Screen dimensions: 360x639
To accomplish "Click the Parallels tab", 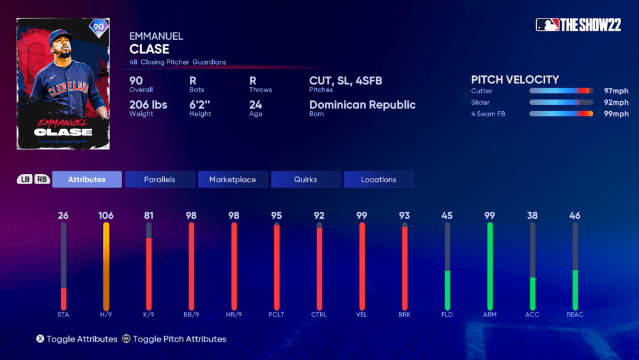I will [160, 180].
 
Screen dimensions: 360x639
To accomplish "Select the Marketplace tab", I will [233, 180].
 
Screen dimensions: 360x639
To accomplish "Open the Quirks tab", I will [305, 180].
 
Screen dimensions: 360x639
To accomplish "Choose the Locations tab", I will [378, 180].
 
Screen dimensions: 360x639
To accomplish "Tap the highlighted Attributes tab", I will [87, 180].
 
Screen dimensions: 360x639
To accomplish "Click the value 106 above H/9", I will [106, 215].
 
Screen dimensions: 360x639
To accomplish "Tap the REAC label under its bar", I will [575, 315].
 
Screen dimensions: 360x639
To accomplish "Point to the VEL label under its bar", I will [362, 315].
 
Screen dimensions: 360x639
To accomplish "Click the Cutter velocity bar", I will [560, 91].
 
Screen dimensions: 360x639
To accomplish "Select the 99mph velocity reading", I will [617, 114].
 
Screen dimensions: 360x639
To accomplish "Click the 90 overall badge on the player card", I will [98, 28].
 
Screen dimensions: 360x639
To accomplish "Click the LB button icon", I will [25, 180].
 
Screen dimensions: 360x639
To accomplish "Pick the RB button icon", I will [42, 180].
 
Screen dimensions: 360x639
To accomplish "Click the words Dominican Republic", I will [362, 105].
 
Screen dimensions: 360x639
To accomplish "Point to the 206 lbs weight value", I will [148, 105].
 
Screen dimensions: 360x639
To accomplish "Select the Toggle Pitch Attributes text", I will [179, 339].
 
